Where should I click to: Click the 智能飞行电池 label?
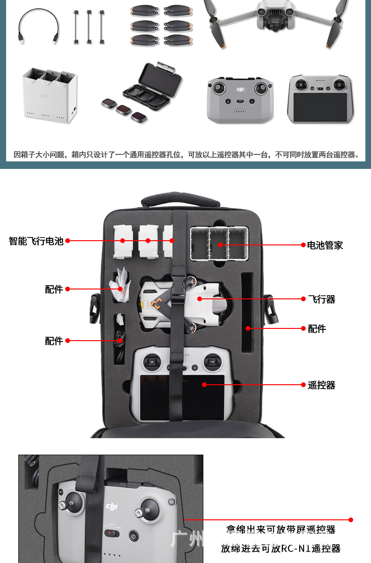tap(36, 241)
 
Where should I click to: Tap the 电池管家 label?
tap(325, 245)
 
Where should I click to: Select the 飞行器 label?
tap(322, 299)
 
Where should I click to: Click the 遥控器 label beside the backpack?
tap(322, 385)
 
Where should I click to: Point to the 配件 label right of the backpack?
tap(317, 329)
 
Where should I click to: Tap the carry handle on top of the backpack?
tap(181, 200)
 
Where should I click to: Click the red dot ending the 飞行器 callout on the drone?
tap(200, 298)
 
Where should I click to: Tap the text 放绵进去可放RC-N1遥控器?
tap(280, 548)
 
